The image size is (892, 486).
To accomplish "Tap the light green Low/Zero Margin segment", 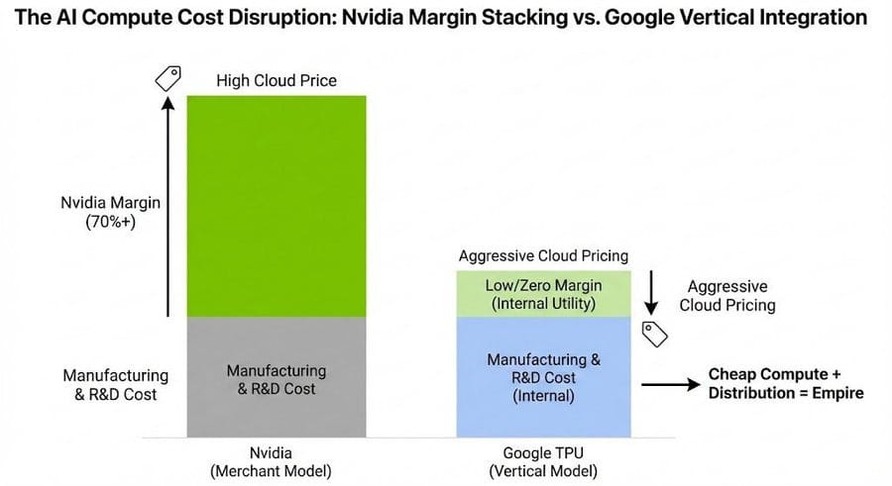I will click(542, 294).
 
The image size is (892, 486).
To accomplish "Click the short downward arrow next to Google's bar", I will click(651, 290).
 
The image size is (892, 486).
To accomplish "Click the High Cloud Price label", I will click(277, 80).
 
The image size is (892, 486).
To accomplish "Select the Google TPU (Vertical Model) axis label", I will click(542, 462).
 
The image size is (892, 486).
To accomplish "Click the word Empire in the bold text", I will click(838, 393).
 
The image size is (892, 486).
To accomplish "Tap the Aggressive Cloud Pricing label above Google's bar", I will click(542, 255).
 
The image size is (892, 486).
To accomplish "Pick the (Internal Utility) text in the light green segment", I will click(543, 304).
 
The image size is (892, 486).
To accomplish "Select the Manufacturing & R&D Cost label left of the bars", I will click(115, 385).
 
